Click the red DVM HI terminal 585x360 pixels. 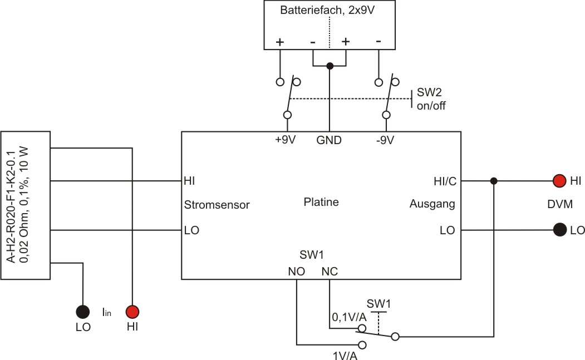(x=559, y=181)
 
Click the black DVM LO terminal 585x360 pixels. (x=559, y=229)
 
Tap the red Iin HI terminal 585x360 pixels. (x=132, y=312)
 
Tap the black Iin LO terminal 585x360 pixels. (x=83, y=312)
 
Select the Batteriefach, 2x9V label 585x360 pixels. (x=329, y=11)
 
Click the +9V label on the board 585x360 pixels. (x=286, y=140)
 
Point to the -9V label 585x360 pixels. (x=385, y=140)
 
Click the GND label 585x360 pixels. (x=329, y=140)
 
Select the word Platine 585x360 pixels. (x=321, y=203)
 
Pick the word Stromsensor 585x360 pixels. (x=217, y=205)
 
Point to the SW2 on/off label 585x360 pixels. (x=431, y=99)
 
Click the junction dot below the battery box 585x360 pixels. (x=330, y=66)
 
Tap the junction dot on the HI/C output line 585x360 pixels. (x=494, y=181)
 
